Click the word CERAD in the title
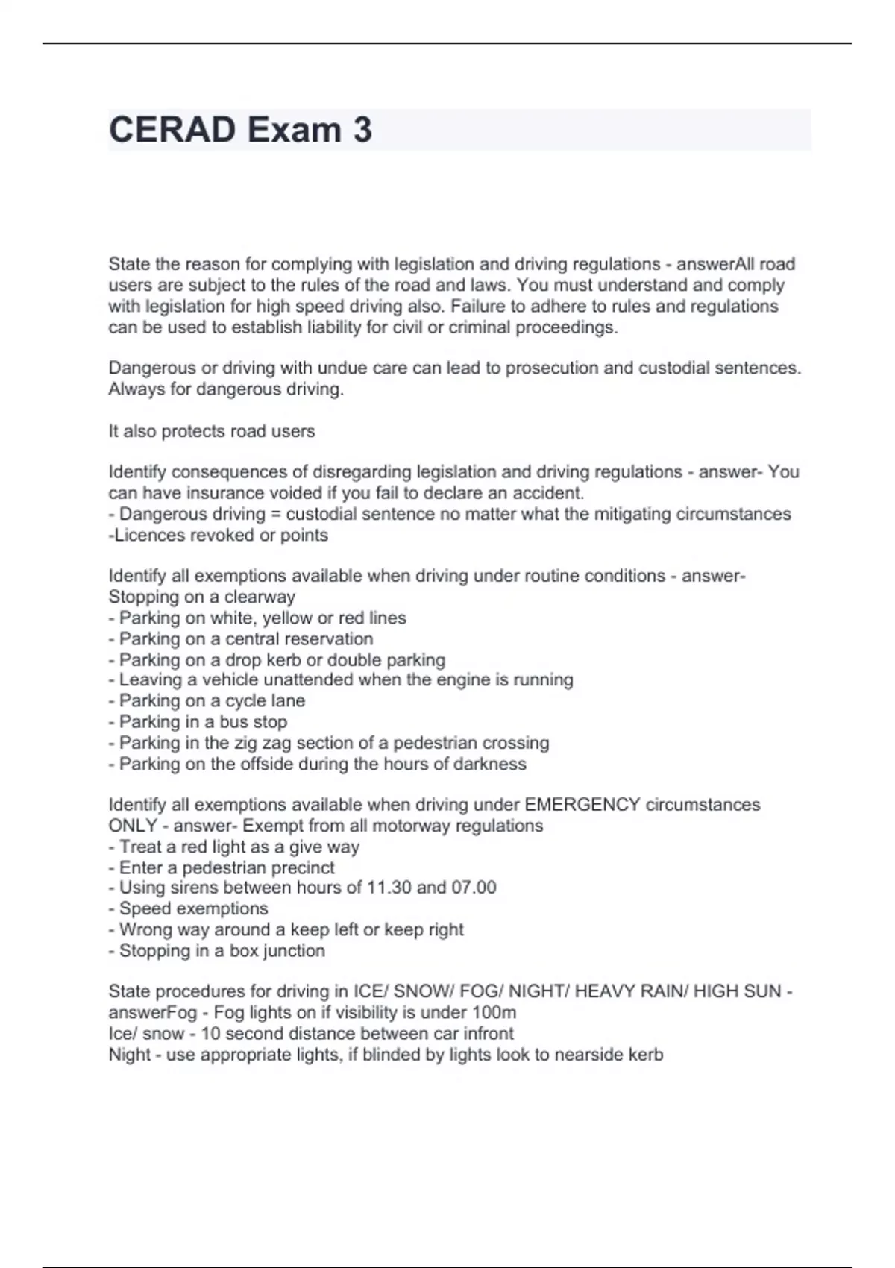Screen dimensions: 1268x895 (172, 130)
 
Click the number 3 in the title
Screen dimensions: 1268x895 (362, 130)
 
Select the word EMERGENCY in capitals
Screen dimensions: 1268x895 (582, 805)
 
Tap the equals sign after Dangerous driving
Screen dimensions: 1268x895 (275, 514)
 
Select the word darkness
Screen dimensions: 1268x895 (492, 764)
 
